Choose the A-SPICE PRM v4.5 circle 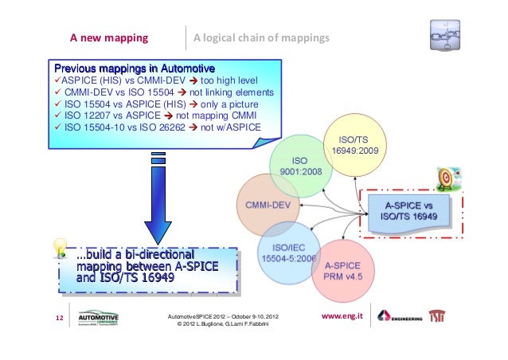tap(343, 270)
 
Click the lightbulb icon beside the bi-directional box tap(60, 248)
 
